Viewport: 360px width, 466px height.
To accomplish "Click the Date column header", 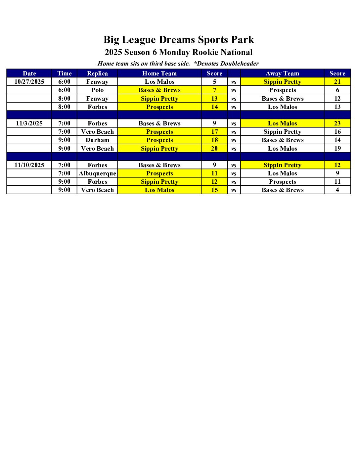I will point(29,73).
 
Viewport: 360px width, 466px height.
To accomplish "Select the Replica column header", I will point(97,73).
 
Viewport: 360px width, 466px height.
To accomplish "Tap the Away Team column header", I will point(282,73).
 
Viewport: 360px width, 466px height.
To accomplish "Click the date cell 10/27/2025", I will point(29,82).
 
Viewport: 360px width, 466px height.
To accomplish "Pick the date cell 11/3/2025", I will point(29,123).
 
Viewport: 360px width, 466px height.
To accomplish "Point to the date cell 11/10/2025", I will point(29,165).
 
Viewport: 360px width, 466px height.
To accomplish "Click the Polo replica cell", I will point(97,90).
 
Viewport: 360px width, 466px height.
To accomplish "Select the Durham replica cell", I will point(97,140).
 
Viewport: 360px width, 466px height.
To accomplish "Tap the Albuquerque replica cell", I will point(97,173).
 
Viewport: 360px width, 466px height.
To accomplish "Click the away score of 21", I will point(337,82).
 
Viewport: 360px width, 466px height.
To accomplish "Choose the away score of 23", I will point(337,123).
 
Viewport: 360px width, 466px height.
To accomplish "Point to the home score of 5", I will point(214,82).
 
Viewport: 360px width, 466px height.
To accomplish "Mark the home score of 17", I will point(214,132).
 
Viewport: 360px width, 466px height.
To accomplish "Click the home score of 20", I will point(214,149).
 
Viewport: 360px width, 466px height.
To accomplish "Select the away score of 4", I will point(337,190).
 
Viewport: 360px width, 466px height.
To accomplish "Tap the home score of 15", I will point(214,190).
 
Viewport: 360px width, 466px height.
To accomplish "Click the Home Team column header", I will point(159,73).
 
